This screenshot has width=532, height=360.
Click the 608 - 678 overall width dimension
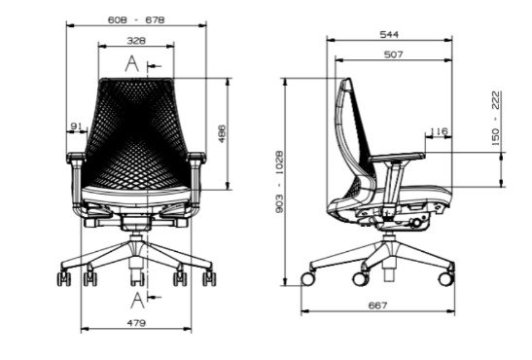click(x=136, y=20)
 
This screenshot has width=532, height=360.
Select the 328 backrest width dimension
click(x=136, y=41)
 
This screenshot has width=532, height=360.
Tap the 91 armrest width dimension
click(x=76, y=126)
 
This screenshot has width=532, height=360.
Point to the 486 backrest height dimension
click(x=221, y=133)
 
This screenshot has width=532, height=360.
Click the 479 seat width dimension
click(x=136, y=323)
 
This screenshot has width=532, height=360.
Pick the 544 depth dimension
click(x=389, y=34)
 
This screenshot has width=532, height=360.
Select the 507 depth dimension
click(x=393, y=54)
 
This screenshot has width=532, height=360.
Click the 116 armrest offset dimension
click(x=439, y=131)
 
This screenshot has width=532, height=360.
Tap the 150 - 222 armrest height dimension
click(x=496, y=119)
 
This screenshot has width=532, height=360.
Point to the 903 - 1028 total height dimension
click(x=279, y=182)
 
